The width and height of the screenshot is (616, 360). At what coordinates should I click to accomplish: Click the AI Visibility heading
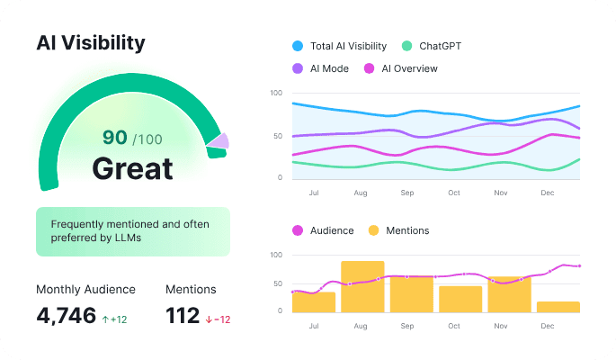tap(90, 42)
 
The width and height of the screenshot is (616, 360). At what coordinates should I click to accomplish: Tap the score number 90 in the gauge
tap(114, 138)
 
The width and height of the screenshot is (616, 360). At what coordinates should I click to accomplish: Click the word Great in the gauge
tap(132, 168)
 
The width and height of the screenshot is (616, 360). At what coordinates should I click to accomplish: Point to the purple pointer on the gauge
tap(219, 140)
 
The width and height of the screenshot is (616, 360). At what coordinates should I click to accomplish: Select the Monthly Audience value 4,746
tap(66, 316)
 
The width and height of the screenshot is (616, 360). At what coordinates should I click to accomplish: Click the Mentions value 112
tap(183, 316)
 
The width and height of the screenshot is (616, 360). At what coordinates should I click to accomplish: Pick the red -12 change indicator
tap(219, 319)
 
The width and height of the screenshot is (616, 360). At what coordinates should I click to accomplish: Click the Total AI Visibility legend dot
tap(298, 46)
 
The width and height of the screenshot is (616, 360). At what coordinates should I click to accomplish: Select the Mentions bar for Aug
tap(362, 287)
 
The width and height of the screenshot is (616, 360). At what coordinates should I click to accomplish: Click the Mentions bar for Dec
tap(558, 307)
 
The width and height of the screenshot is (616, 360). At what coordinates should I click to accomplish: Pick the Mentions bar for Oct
tap(460, 299)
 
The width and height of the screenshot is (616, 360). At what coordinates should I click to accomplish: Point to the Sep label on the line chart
tap(407, 193)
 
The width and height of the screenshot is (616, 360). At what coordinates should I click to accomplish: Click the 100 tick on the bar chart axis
tap(276, 256)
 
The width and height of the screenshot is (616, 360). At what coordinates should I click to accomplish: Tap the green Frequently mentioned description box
tap(133, 231)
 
